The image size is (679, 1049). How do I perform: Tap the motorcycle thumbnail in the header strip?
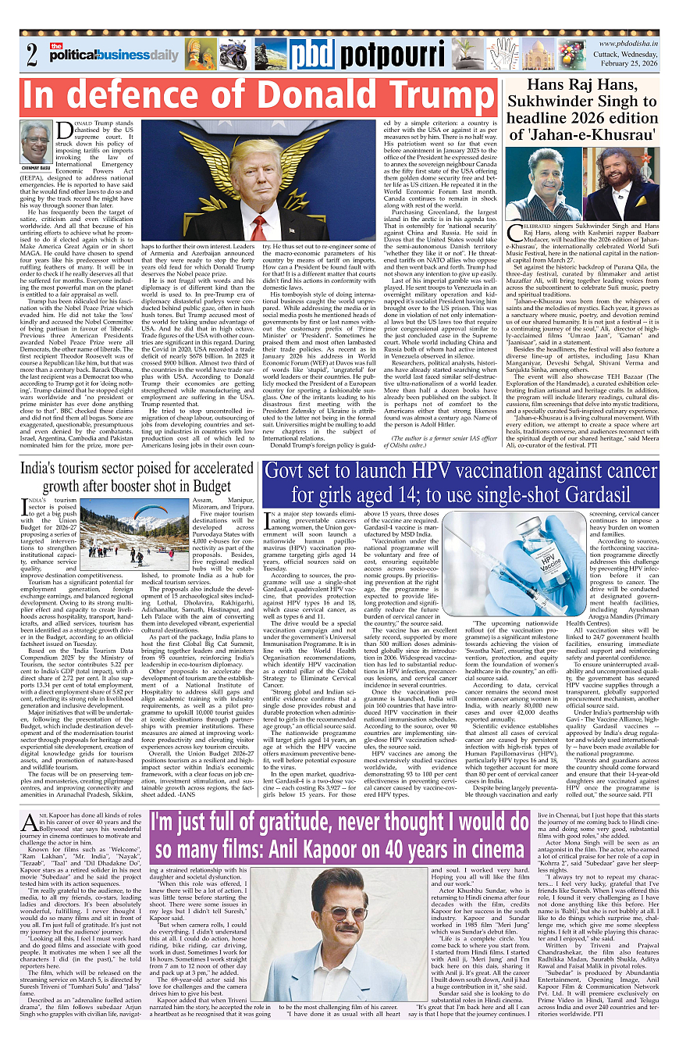[x=233, y=55]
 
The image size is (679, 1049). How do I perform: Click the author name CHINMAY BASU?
[x=36, y=167]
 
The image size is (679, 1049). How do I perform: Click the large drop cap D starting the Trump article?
[x=62, y=128]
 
